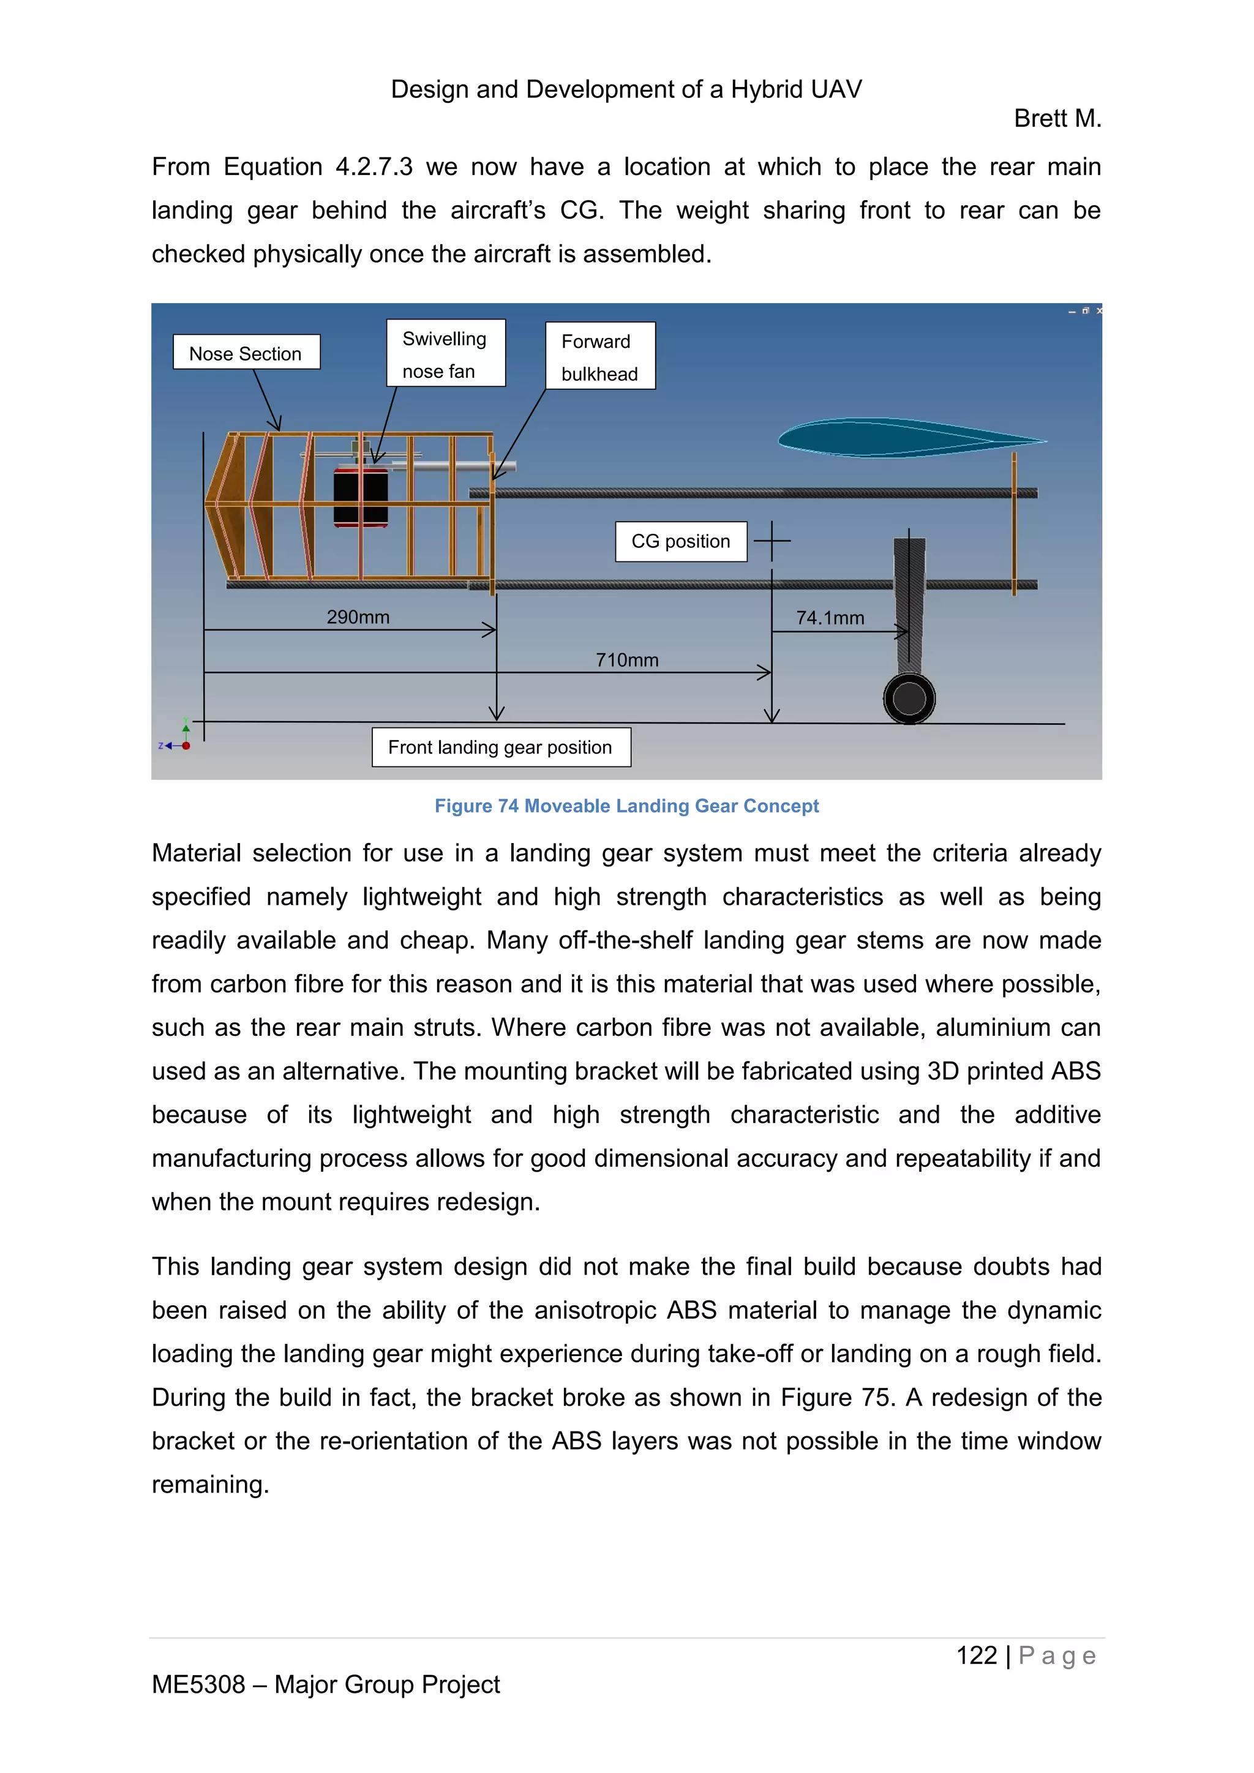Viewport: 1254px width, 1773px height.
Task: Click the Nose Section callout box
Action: pos(246,352)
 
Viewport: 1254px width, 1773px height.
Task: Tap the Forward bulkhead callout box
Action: pos(600,356)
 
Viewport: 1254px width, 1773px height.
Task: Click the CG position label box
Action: pos(680,541)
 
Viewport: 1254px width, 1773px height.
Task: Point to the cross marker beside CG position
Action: pos(772,541)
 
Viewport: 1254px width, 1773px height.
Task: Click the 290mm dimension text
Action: pos(358,617)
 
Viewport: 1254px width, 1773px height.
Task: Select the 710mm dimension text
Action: pos(627,660)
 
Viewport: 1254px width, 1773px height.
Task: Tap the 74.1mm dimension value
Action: pos(830,618)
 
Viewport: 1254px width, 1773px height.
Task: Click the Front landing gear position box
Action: pos(500,747)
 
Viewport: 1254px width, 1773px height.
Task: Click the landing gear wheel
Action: pos(909,699)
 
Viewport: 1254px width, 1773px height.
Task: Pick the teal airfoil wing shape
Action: pos(896,438)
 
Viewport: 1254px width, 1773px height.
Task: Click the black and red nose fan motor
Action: pos(361,497)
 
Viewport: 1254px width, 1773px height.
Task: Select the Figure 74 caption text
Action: pos(626,806)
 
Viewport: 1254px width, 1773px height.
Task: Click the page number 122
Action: pos(976,1655)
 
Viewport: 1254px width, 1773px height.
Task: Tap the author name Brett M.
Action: pos(1057,118)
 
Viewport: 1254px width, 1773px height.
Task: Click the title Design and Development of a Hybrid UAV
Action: pos(626,89)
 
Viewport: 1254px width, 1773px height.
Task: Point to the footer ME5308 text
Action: pos(325,1684)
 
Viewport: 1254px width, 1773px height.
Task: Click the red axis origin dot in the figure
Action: pos(186,746)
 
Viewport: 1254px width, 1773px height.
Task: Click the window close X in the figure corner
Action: pos(1099,310)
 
